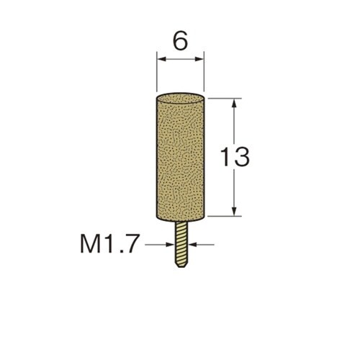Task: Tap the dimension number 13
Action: pyautogui.click(x=235, y=157)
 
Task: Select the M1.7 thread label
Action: pyautogui.click(x=109, y=244)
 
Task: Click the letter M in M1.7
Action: pyautogui.click(x=90, y=244)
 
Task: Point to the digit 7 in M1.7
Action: pyautogui.click(x=132, y=244)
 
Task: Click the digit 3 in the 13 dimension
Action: pyautogui.click(x=242, y=157)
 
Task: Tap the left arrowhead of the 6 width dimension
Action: pyautogui.click(x=161, y=59)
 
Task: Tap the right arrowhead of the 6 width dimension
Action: pyautogui.click(x=199, y=59)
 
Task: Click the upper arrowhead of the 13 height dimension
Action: pyautogui.click(x=235, y=103)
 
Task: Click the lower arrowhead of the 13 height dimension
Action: pyautogui.click(x=235, y=211)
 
